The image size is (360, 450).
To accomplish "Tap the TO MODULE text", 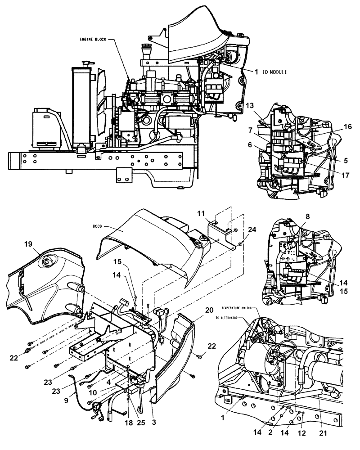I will (x=274, y=72).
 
